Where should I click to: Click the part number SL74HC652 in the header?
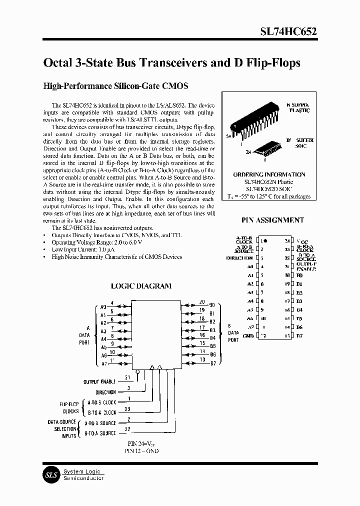pos(288,30)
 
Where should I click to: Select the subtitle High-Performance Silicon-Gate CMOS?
pos(116,86)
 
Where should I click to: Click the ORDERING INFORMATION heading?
pos(269,174)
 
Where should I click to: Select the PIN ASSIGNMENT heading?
pos(272,220)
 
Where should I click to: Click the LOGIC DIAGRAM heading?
pos(140,286)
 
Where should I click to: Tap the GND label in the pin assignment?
pos(248,335)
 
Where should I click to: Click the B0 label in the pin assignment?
pos(299,275)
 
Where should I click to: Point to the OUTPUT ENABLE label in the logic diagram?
pos(99,382)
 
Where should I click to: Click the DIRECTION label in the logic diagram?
pos(105,392)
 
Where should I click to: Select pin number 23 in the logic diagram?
pos(127,412)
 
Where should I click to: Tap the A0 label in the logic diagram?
pos(103,307)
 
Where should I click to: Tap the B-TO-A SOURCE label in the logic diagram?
pos(100,433)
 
